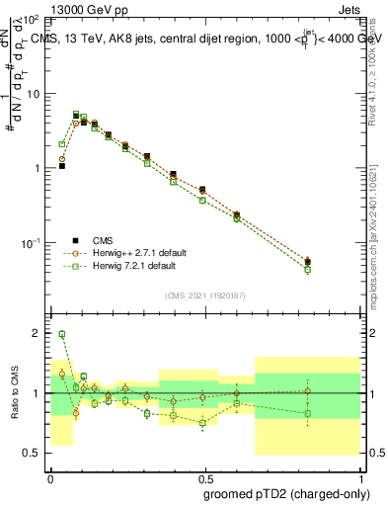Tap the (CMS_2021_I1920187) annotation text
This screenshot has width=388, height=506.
[204, 295]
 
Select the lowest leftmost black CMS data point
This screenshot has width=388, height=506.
[62, 166]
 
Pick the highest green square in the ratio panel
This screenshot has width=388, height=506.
[62, 334]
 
